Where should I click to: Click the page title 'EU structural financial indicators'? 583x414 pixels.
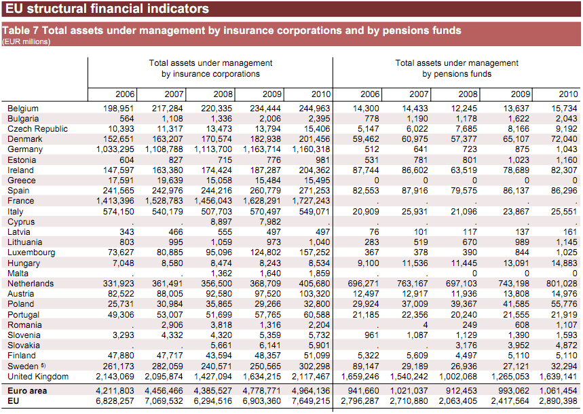click(107, 10)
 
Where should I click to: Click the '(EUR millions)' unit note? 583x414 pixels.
click(25, 41)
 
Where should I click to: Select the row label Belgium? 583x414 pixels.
click(23, 109)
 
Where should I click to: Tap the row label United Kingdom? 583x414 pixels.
click(38, 377)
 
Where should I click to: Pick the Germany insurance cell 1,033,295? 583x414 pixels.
click(115, 149)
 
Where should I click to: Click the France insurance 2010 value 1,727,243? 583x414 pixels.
click(311, 201)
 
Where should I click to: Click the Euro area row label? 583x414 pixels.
click(26, 391)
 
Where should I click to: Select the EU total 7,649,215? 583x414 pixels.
click(311, 402)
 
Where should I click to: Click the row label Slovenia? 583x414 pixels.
click(24, 335)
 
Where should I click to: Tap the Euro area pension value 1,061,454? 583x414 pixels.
click(557, 391)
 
